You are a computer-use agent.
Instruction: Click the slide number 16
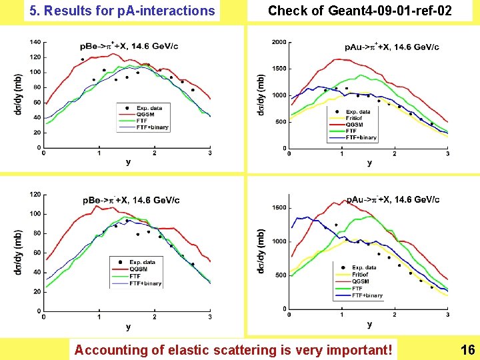point(467,349)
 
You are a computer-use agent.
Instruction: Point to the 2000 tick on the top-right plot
point(279,42)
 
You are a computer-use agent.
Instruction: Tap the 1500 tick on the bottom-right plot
point(279,208)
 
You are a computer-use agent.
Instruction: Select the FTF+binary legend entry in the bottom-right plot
point(367,295)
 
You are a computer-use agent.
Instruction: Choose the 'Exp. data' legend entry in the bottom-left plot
point(143,262)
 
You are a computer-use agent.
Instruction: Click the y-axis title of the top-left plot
point(17,96)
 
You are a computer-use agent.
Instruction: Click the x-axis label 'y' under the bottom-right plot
point(369,324)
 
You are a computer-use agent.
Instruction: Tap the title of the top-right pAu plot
point(392,47)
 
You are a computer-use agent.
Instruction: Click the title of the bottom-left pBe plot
point(131,200)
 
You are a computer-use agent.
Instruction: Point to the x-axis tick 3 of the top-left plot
point(210,154)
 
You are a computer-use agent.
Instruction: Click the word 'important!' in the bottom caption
point(361,349)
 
